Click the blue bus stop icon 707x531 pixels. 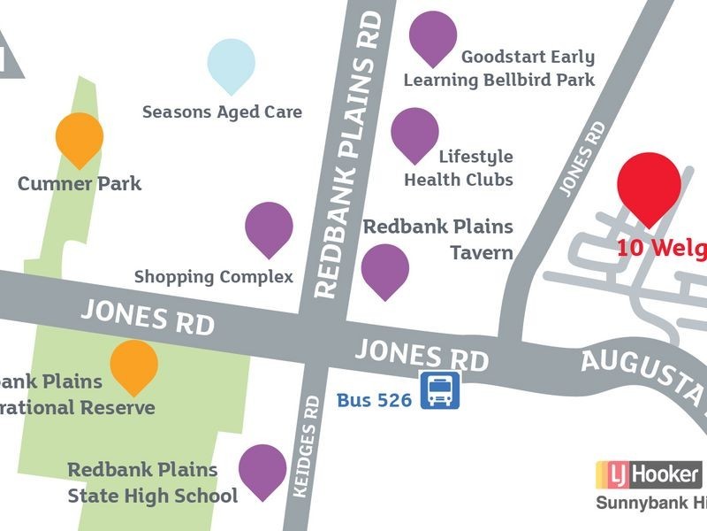439,391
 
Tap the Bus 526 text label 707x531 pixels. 374,400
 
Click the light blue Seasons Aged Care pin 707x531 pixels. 232,64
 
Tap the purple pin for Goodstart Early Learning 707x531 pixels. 433,35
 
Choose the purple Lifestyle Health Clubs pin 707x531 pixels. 414,133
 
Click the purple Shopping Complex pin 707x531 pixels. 269,227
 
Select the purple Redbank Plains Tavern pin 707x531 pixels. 385,269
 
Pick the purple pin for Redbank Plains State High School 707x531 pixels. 262,469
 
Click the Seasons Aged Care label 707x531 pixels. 222,112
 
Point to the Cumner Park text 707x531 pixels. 80,184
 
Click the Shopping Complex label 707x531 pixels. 213,277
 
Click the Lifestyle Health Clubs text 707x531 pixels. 459,167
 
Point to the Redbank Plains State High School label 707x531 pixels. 153,483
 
